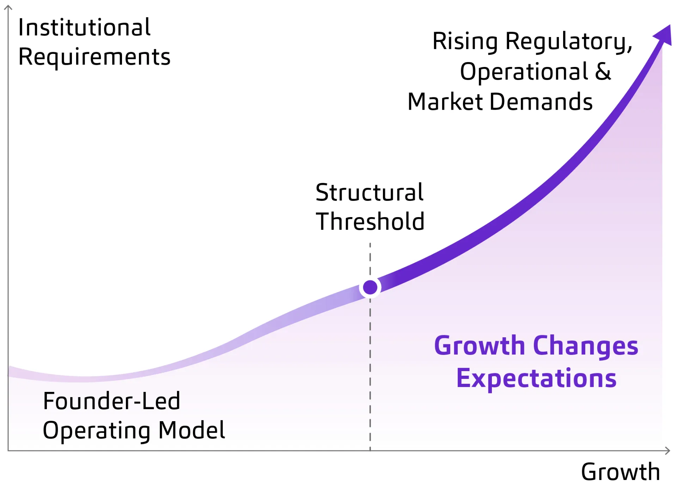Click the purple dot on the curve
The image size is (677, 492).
(x=370, y=287)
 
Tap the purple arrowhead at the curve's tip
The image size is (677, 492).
(x=664, y=36)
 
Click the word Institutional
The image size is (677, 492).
(x=84, y=27)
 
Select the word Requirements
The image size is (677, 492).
(x=94, y=57)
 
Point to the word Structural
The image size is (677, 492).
(x=369, y=192)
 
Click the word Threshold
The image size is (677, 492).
(x=370, y=222)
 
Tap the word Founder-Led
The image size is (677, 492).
(x=111, y=401)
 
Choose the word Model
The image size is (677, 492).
(x=191, y=430)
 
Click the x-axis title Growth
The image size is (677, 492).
(x=620, y=472)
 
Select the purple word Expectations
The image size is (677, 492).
(x=536, y=379)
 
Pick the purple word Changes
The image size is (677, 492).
(x=585, y=346)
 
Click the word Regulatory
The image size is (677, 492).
(x=569, y=42)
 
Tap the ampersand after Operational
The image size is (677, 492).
(x=603, y=72)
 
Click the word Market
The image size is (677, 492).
(x=445, y=102)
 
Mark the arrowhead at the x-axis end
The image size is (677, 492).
(x=667, y=450)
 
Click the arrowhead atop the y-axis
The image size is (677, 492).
(x=8, y=7)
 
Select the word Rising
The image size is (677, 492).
(x=465, y=42)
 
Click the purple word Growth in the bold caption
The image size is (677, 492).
(x=480, y=346)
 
